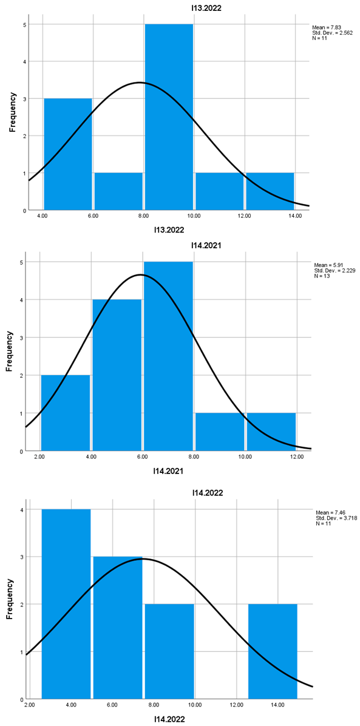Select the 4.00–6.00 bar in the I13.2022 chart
(68, 154)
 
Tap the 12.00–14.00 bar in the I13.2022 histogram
(270, 191)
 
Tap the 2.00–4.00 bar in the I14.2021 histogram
(66, 413)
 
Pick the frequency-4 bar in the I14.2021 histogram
(117, 375)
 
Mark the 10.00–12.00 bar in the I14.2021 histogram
(271, 432)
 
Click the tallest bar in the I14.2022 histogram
(66, 604)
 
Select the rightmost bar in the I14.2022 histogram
(273, 651)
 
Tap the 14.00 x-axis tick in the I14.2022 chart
(277, 705)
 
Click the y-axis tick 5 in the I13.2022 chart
(24, 24)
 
